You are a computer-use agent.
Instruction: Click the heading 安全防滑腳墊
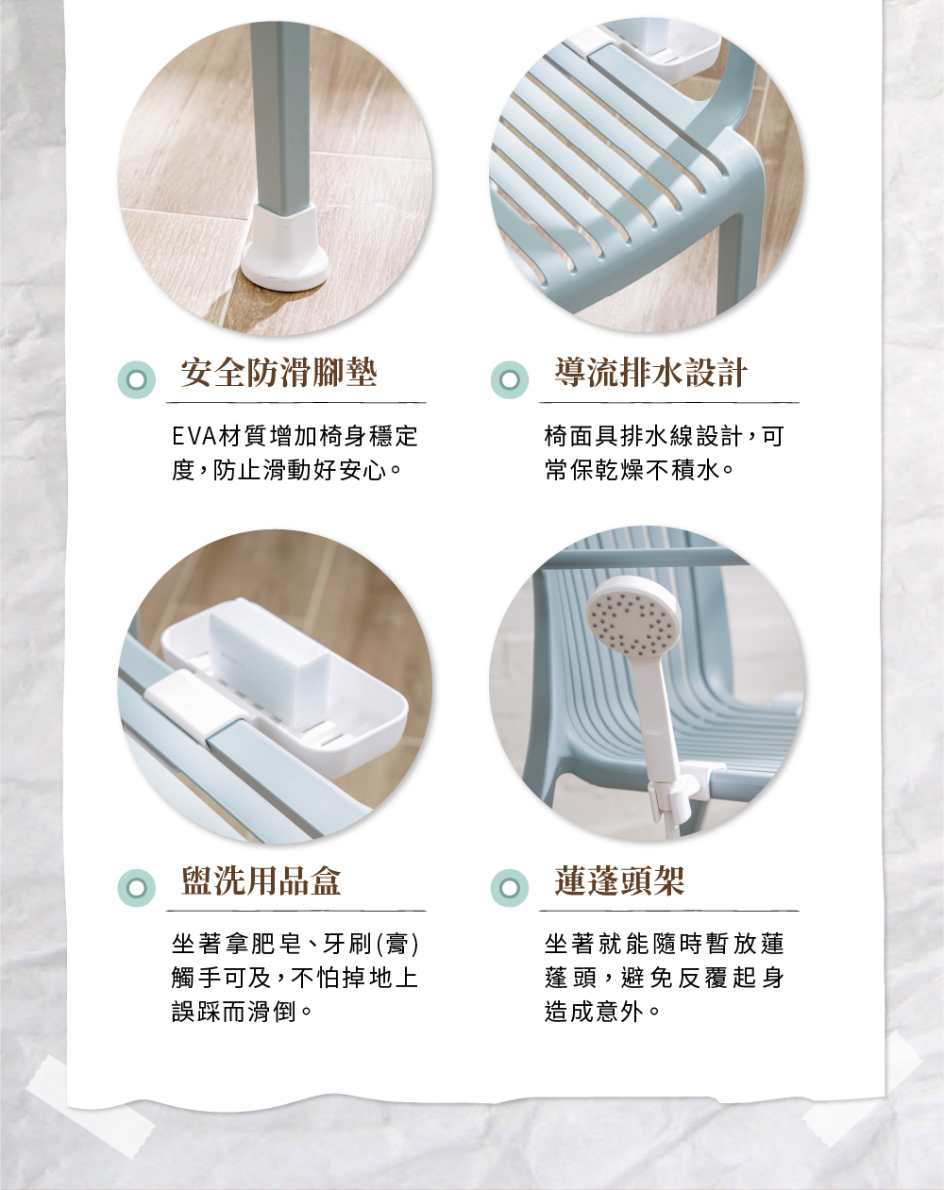pos(279,373)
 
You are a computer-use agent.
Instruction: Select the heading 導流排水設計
pos(651,373)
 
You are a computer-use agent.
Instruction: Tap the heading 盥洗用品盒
pos(261,880)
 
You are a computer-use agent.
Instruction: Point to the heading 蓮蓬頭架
pos(619,880)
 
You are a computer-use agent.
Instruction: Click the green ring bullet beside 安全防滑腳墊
pos(137,379)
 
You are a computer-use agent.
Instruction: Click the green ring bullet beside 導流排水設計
pos(510,379)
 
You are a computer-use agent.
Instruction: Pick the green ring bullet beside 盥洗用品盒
pos(137,888)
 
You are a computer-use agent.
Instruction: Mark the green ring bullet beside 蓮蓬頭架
pos(510,888)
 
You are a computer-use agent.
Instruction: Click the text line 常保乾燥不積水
pos(638,470)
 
